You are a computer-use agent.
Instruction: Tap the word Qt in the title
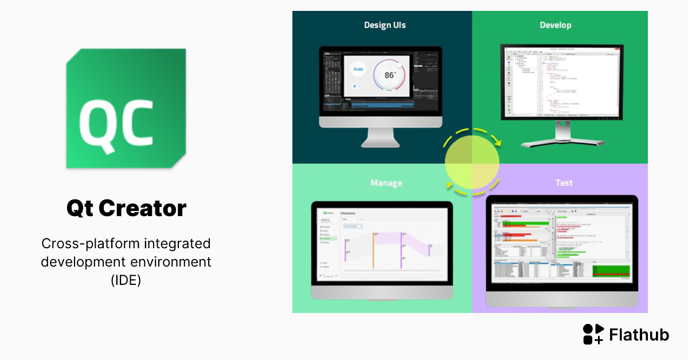(80, 208)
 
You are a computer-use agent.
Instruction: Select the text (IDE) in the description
(126, 281)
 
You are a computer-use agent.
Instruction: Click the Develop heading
(556, 25)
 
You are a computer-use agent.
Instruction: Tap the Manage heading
(386, 183)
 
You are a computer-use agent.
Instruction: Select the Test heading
(564, 183)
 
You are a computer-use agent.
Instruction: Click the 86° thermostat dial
(390, 75)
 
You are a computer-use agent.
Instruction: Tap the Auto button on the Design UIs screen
(358, 69)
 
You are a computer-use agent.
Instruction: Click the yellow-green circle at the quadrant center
(472, 162)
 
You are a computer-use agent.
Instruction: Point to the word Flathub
(639, 335)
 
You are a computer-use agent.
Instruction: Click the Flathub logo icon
(593, 334)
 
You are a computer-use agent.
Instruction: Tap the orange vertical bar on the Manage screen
(373, 250)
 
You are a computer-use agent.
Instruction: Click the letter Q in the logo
(99, 123)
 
